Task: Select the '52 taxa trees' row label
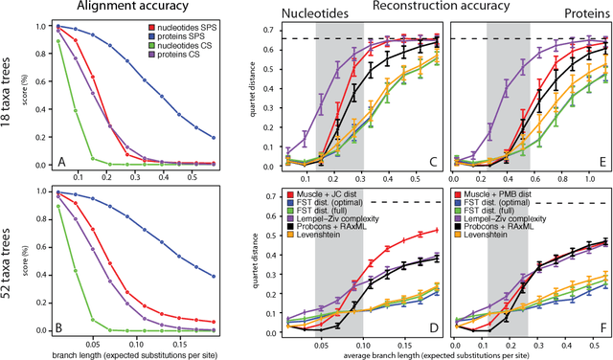click(11, 266)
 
